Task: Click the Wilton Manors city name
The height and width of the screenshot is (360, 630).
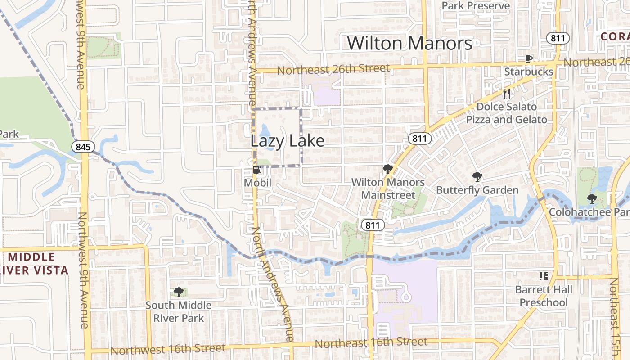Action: pyautogui.click(x=409, y=43)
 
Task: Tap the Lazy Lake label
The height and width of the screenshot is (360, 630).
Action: pyautogui.click(x=287, y=141)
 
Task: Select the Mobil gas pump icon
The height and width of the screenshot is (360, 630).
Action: pyautogui.click(x=257, y=170)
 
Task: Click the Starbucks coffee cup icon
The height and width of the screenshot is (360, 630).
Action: pyautogui.click(x=529, y=58)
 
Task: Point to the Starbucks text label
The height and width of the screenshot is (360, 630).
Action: pyautogui.click(x=528, y=72)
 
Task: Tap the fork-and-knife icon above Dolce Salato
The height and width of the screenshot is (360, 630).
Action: pyautogui.click(x=507, y=93)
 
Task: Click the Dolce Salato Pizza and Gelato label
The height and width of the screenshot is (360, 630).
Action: pyautogui.click(x=506, y=113)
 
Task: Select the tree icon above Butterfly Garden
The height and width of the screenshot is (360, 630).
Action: pyautogui.click(x=477, y=177)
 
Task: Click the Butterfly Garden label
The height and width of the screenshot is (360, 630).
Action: pyautogui.click(x=477, y=190)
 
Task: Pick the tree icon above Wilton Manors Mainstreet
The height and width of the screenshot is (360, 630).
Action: pyautogui.click(x=387, y=169)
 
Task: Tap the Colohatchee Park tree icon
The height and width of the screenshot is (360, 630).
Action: pyautogui.click(x=592, y=198)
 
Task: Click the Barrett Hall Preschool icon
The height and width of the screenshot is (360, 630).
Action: pyautogui.click(x=543, y=276)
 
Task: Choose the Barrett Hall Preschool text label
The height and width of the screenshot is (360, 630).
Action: pyautogui.click(x=544, y=296)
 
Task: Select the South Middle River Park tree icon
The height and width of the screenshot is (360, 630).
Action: pyautogui.click(x=178, y=292)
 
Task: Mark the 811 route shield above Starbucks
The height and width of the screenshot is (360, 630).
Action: pyautogui.click(x=558, y=38)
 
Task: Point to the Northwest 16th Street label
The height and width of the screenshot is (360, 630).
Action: pyautogui.click(x=167, y=349)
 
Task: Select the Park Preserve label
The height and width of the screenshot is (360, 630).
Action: pyautogui.click(x=476, y=5)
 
